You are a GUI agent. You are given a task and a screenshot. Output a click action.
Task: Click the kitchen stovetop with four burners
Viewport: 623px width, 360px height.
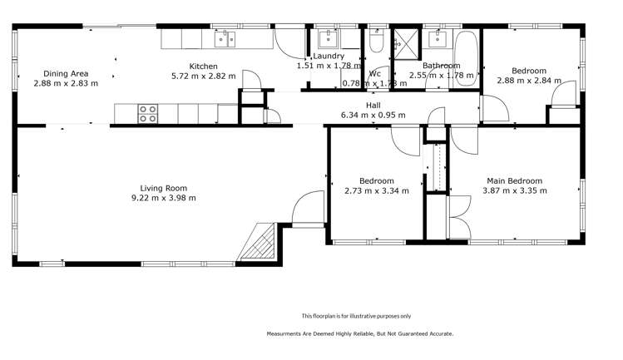click(147, 113)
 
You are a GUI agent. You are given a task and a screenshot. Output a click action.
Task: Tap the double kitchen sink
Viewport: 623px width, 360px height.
click(225, 37)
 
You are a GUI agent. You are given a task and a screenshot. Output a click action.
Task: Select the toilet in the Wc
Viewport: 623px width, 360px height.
click(376, 40)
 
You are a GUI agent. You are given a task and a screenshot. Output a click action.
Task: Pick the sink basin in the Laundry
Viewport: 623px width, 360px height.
click(327, 37)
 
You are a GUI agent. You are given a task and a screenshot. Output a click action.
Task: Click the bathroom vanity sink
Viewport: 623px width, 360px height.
click(436, 37)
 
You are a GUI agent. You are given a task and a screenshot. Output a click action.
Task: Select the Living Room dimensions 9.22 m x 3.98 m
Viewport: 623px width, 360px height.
click(163, 198)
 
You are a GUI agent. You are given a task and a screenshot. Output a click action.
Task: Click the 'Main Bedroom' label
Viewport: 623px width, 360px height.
click(514, 181)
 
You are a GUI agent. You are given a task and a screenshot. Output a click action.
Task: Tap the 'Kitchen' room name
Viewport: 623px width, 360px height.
click(203, 66)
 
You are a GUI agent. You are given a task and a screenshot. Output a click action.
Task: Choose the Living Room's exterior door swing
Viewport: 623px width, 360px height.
click(307, 208)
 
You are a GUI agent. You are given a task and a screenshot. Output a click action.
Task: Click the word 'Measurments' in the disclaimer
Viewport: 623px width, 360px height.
click(286, 333)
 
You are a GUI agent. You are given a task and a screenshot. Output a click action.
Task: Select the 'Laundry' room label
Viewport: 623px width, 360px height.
click(329, 56)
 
